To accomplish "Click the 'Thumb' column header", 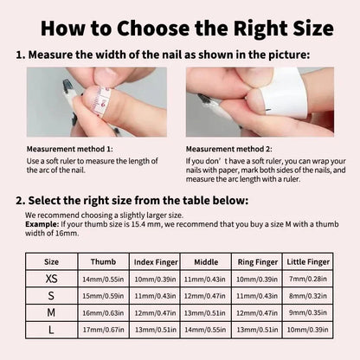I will click(x=103, y=260).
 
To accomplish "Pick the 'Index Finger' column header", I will click(x=156, y=260).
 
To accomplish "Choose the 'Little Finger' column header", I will click(x=308, y=260).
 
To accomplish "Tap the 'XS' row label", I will click(x=52, y=280).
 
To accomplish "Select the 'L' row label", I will click(x=52, y=329).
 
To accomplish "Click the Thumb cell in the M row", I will click(x=103, y=312).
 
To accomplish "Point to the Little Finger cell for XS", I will click(x=308, y=280).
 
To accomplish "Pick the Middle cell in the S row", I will click(x=206, y=296).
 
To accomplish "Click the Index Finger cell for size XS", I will click(x=156, y=280).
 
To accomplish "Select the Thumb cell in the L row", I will click(x=103, y=329).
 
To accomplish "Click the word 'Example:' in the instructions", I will click(x=42, y=222).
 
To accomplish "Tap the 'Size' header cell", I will click(x=52, y=260).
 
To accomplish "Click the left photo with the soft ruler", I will click(x=96, y=102).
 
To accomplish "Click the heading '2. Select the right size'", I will click(x=130, y=201).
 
